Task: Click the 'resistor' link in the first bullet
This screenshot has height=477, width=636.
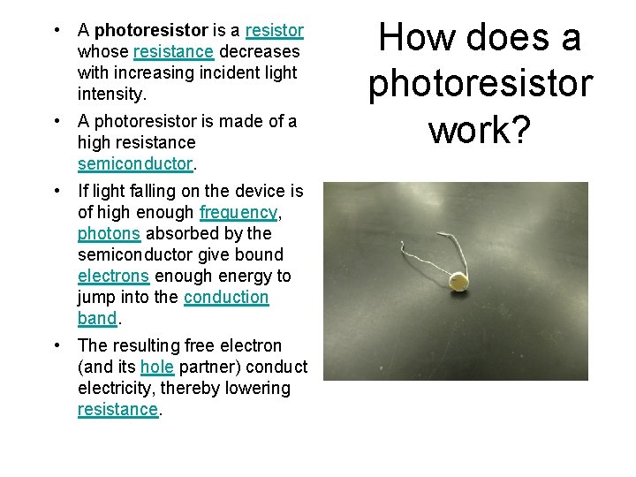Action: (274, 31)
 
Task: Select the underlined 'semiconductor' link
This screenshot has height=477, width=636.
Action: (134, 163)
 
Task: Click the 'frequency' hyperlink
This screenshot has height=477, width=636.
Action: (238, 212)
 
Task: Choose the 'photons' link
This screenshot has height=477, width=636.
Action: (109, 233)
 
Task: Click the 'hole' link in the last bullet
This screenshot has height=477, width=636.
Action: (156, 367)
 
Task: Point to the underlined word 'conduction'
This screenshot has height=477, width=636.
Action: (226, 297)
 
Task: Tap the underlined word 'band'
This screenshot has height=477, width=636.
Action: (97, 318)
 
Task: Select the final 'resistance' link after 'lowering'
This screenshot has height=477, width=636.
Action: (117, 409)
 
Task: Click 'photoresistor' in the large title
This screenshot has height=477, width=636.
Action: (481, 84)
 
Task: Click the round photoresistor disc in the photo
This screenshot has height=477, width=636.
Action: (458, 281)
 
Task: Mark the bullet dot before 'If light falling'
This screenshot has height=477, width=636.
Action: (57, 191)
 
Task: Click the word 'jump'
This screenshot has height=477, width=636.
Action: (96, 297)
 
